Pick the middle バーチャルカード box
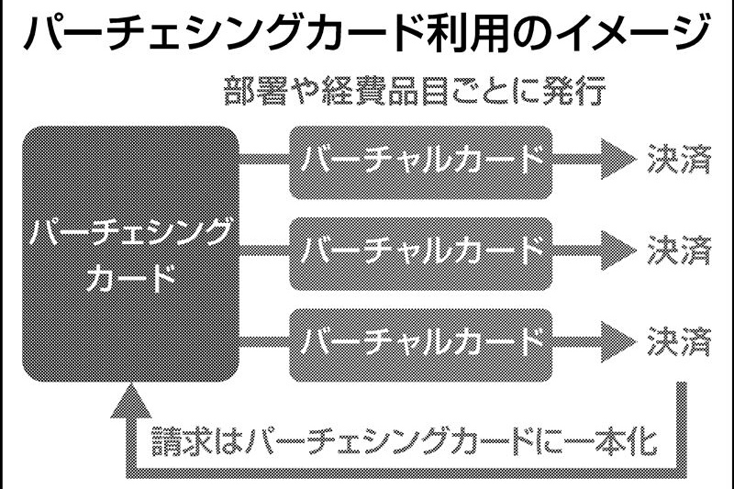(x=421, y=250)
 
